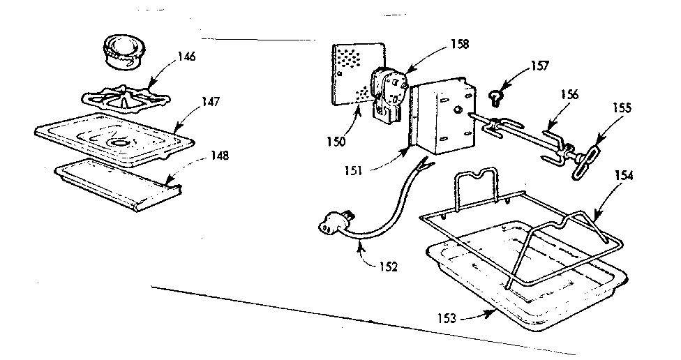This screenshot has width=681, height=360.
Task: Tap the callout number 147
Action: click(x=211, y=101)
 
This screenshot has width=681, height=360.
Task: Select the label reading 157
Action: click(x=539, y=66)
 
